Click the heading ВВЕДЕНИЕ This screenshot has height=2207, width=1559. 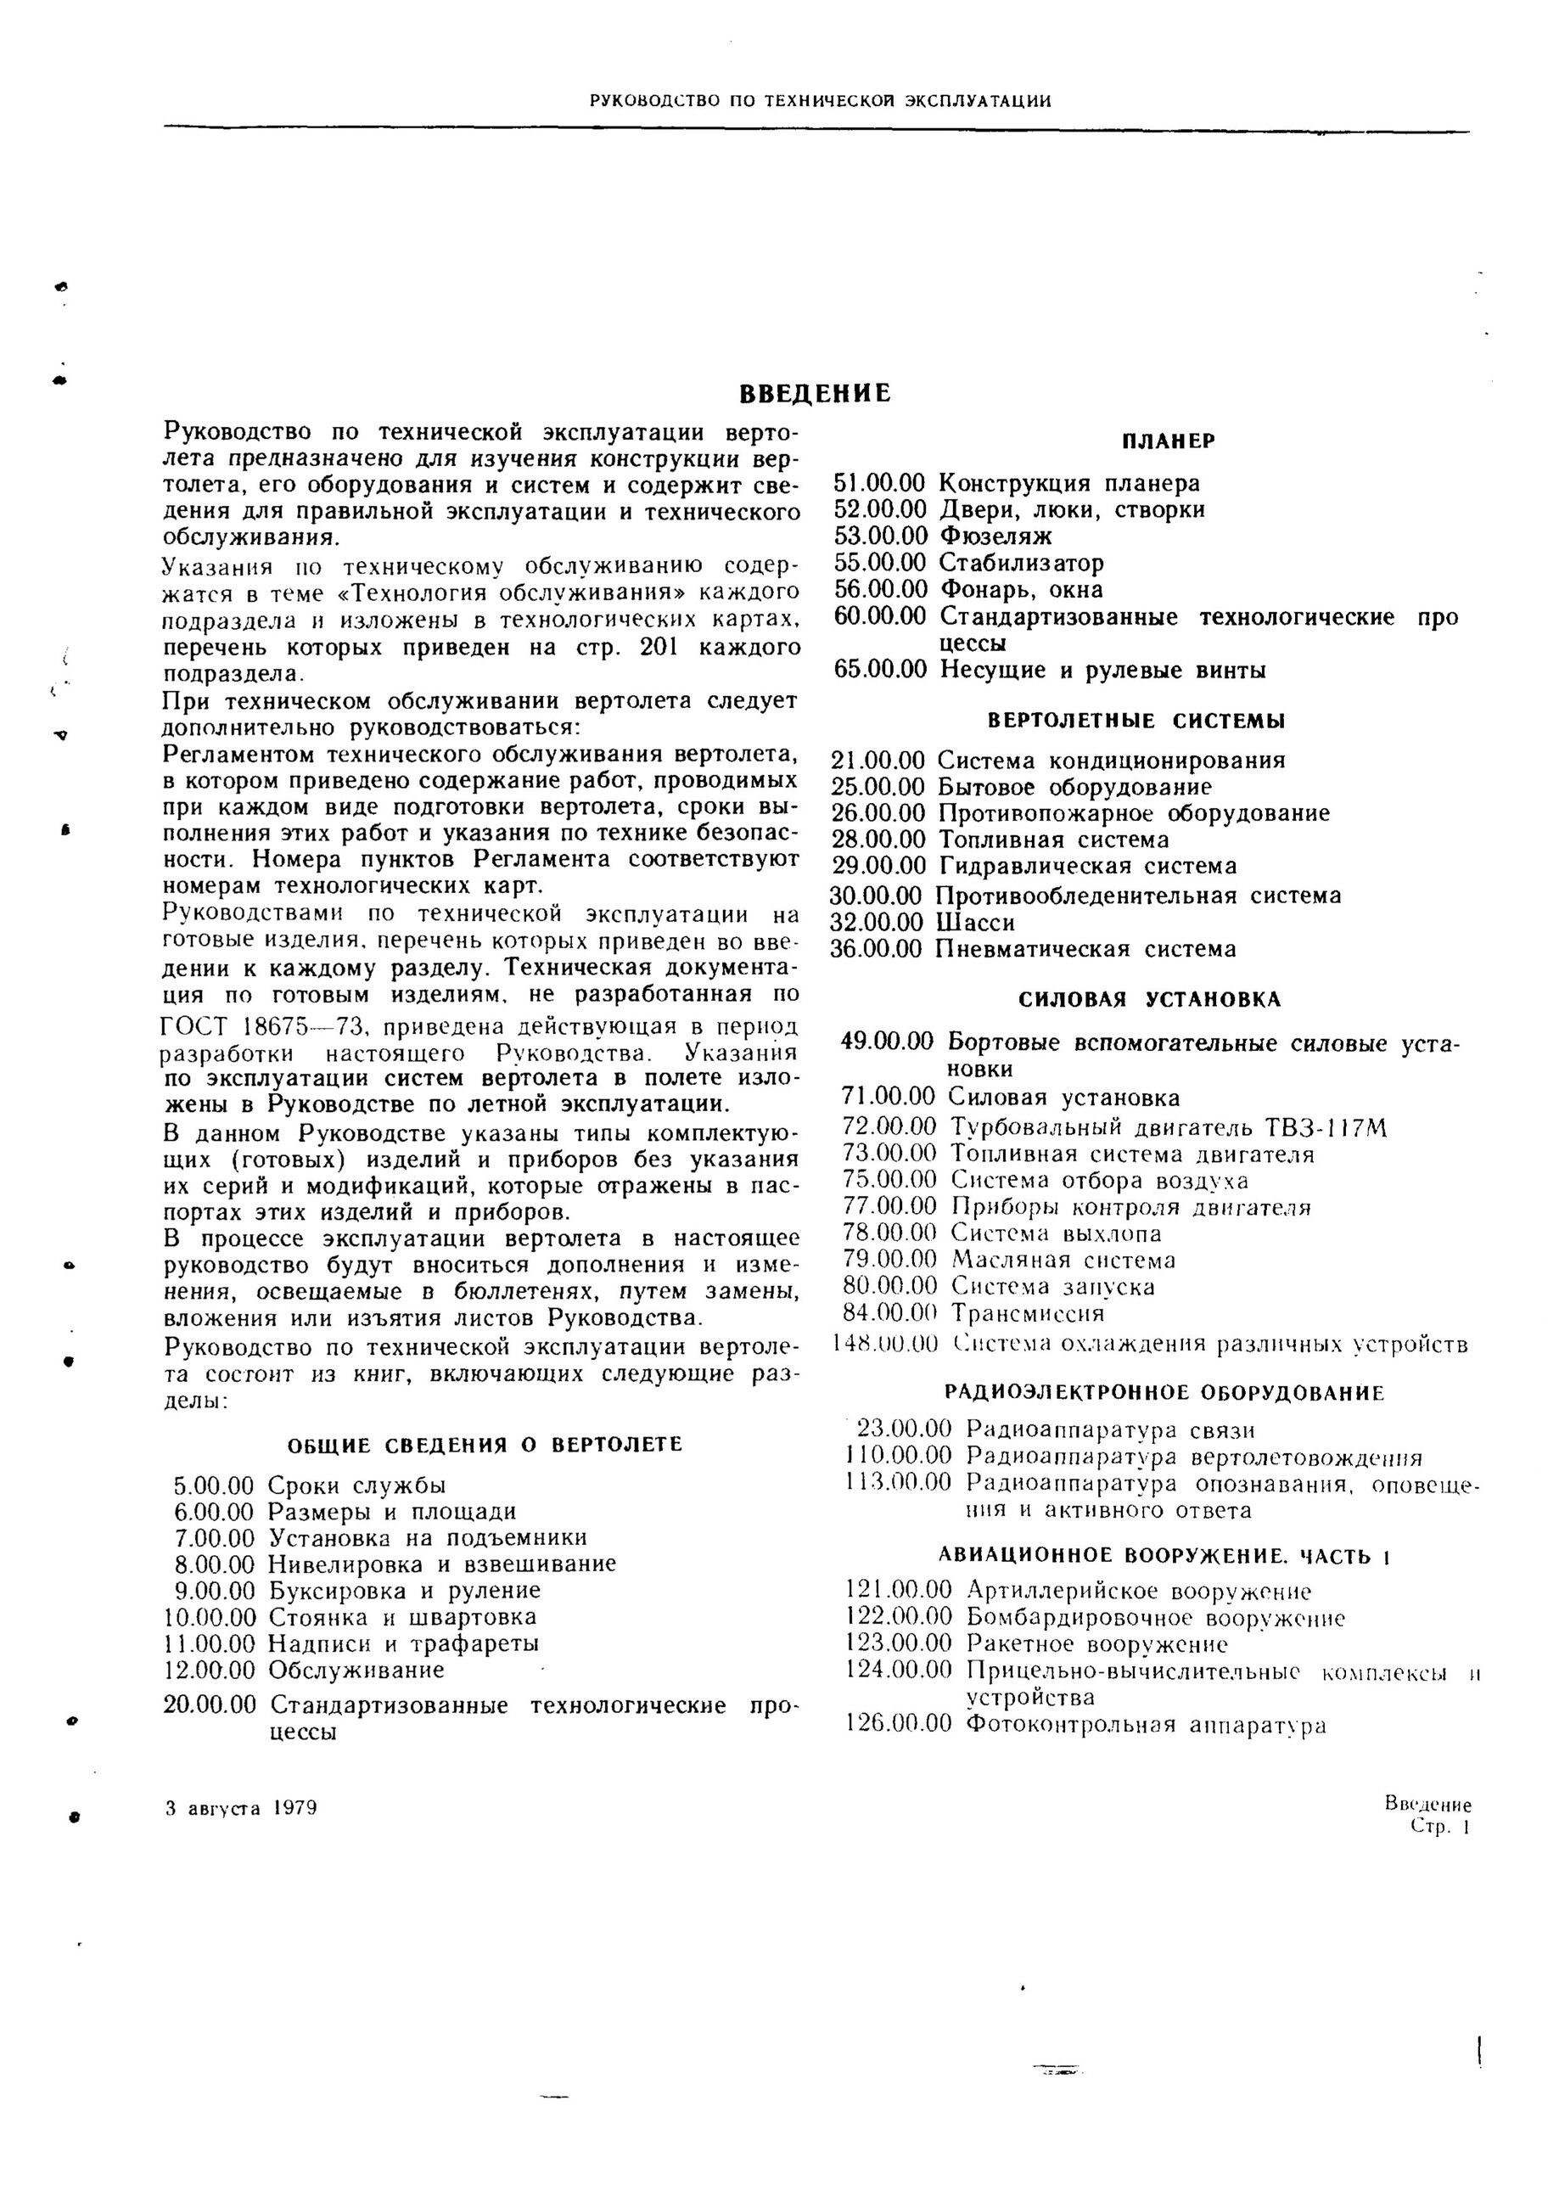coord(815,393)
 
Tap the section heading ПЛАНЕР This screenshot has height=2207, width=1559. coord(1168,441)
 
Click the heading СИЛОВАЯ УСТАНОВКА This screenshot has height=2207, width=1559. coord(1150,1000)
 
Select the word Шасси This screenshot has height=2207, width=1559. coord(976,923)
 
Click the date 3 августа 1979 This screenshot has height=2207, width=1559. coord(241,1808)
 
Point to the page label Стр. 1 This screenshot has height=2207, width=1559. coord(1438,1828)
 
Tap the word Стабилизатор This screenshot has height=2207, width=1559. coord(1021,562)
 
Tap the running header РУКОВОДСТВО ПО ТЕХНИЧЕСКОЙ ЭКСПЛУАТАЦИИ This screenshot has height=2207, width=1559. coord(820,100)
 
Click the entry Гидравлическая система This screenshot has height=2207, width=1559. coord(1086,866)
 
